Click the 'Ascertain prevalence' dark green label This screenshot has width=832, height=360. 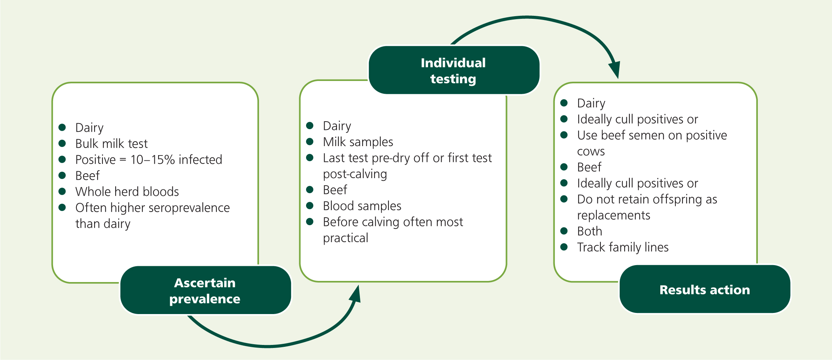[206, 290]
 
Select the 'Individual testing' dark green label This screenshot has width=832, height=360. [454, 70]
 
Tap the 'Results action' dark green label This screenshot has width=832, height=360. [705, 289]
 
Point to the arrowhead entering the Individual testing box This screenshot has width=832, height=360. [355, 294]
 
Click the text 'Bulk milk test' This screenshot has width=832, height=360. [111, 144]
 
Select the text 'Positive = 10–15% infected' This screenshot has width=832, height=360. [149, 160]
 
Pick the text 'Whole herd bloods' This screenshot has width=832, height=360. [127, 192]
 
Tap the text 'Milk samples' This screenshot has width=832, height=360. [358, 142]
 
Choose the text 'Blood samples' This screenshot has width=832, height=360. [362, 206]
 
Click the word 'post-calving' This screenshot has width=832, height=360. [355, 174]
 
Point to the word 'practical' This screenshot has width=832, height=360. [346, 238]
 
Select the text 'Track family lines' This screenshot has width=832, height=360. [623, 247]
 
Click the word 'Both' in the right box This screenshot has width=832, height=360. [590, 231]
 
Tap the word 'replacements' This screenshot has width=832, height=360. [614, 215]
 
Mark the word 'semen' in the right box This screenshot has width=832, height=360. [646, 135]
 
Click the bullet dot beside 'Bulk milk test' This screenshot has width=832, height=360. [62, 143]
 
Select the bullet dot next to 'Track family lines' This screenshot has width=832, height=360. [564, 247]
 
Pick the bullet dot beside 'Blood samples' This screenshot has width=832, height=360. [310, 206]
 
